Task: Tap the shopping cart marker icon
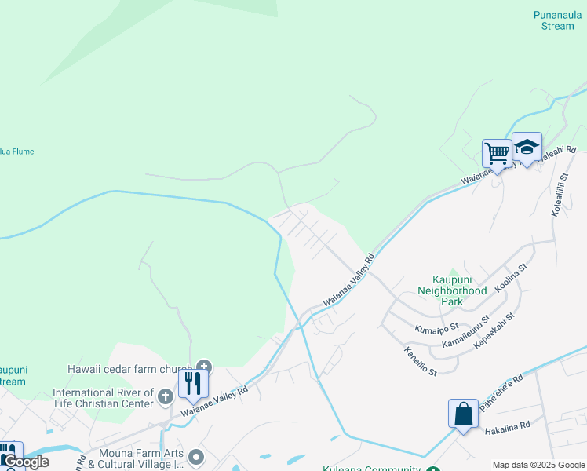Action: pos(496,153)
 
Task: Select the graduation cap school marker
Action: pos(527,147)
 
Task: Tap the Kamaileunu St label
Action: pos(465,332)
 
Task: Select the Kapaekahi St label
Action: pos(494,329)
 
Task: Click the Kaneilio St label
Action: pos(420,360)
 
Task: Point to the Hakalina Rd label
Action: pos(508,424)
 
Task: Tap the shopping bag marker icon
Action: pos(463,412)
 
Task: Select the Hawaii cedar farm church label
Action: pos(129,370)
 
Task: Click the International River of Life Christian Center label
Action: pos(102,398)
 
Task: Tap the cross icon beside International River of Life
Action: pos(165,396)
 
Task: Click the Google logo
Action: pos(26,462)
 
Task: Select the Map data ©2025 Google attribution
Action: pos(538,465)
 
